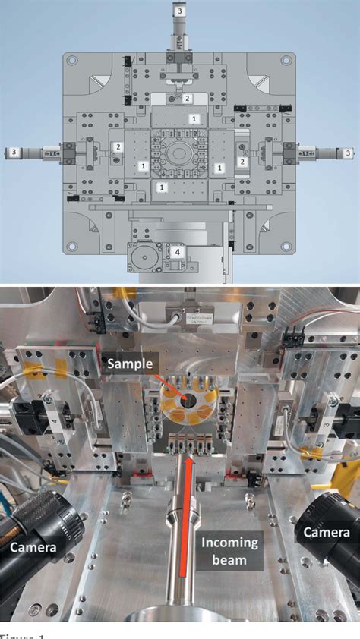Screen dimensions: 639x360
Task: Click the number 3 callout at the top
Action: click(x=179, y=11)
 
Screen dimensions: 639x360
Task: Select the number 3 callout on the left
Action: click(x=12, y=152)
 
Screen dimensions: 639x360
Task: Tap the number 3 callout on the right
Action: click(x=348, y=153)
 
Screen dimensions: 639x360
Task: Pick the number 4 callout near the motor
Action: click(x=176, y=250)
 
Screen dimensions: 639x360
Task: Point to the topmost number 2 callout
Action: click(x=188, y=98)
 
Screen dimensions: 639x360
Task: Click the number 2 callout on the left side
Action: click(x=117, y=147)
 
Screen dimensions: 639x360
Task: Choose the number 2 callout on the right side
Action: click(x=243, y=162)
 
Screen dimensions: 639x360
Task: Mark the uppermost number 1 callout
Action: click(x=194, y=119)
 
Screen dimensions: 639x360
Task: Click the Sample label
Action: click(x=131, y=363)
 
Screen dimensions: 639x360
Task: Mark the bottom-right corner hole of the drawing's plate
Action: click(x=286, y=246)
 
